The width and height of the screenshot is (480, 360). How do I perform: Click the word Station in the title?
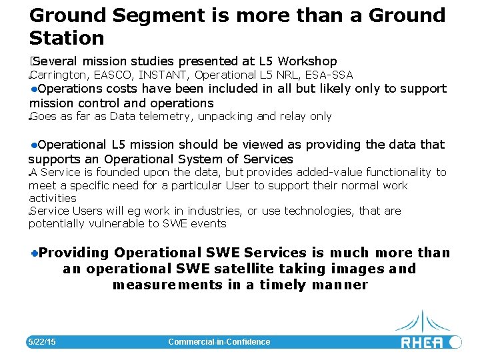[x=67, y=37]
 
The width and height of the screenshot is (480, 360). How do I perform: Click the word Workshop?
[x=308, y=61]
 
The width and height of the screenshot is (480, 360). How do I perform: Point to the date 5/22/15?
[x=41, y=342]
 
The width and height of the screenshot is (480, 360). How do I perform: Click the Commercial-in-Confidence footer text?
[x=219, y=342]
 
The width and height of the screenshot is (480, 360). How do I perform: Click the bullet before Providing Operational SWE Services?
[x=35, y=253]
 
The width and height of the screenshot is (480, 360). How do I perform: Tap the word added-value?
[x=326, y=172]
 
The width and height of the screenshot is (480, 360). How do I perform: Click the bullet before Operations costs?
[x=33, y=89]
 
